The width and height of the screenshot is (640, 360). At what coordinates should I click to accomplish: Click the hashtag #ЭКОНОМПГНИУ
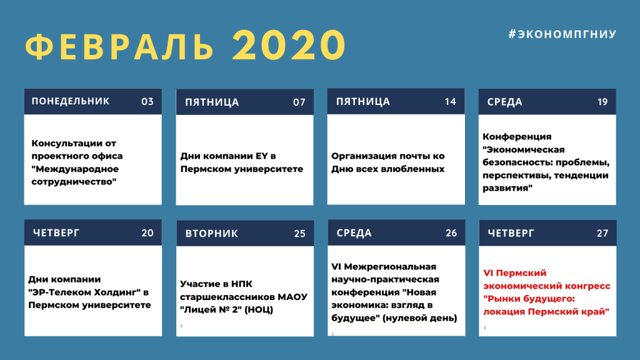pyautogui.click(x=562, y=34)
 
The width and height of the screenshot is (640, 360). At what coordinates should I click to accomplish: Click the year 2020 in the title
pyautogui.click(x=289, y=45)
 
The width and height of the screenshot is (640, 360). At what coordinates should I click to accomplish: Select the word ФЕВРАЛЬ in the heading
pyautogui.click(x=119, y=46)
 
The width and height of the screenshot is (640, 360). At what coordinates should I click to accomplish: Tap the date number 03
pyautogui.click(x=147, y=102)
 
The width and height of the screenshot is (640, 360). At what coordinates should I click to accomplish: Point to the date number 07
pyautogui.click(x=299, y=102)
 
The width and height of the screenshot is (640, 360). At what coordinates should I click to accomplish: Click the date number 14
pyautogui.click(x=450, y=102)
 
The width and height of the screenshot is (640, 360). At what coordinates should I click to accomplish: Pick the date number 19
pyautogui.click(x=602, y=102)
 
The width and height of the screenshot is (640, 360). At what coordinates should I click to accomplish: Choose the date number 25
pyautogui.click(x=299, y=234)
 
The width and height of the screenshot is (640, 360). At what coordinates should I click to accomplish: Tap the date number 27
pyautogui.click(x=602, y=233)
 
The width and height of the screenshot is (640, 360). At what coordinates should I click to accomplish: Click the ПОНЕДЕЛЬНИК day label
pyautogui.click(x=71, y=101)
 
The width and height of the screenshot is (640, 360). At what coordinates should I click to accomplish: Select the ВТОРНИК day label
pyautogui.click(x=211, y=234)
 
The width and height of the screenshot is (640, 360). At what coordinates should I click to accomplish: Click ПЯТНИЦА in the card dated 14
pyautogui.click(x=363, y=102)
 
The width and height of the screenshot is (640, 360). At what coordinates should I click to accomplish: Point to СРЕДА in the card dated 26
pyautogui.click(x=354, y=233)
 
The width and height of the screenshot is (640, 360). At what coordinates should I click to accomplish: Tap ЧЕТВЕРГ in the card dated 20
pyautogui.click(x=56, y=232)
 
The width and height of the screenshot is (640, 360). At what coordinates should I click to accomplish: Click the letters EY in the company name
pyautogui.click(x=262, y=156)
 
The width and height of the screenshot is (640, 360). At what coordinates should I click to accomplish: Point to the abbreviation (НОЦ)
pyautogui.click(x=259, y=310)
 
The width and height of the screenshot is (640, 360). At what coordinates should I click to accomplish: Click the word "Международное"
pyautogui.click(x=75, y=169)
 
